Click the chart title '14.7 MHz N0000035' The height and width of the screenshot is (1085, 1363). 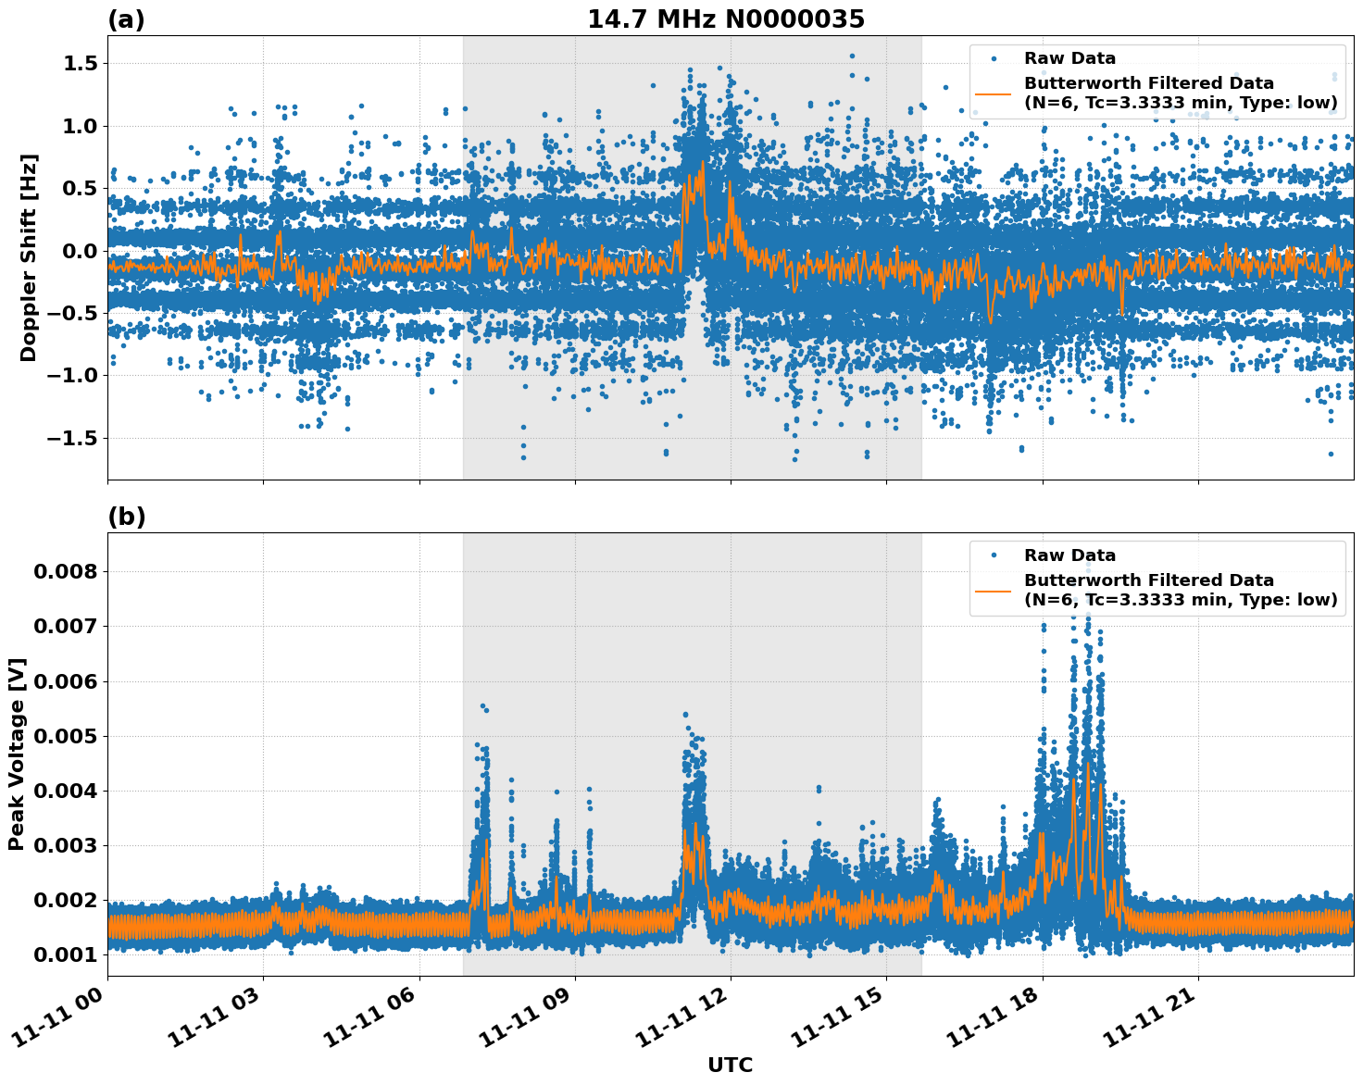[x=726, y=19]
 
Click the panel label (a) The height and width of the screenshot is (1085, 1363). [x=126, y=19]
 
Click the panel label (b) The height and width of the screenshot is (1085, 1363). [x=126, y=517]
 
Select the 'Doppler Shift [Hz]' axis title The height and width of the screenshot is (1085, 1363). [x=29, y=257]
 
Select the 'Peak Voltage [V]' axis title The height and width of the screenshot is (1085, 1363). [x=17, y=754]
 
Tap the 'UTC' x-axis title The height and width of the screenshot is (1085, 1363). [x=730, y=1065]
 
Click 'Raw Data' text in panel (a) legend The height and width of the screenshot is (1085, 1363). [x=1069, y=58]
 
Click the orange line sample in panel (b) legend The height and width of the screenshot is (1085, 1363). [x=994, y=590]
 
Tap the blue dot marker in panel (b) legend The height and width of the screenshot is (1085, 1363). [x=994, y=555]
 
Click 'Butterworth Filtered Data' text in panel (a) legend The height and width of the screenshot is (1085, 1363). [x=1148, y=83]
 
